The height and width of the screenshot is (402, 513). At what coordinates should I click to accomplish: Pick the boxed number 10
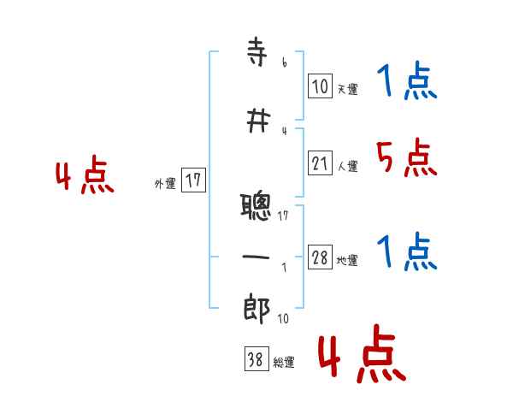pyautogui.click(x=320, y=86)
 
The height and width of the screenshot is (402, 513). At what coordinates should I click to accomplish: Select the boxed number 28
pyautogui.click(x=320, y=258)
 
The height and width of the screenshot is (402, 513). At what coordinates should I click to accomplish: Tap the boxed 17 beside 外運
pyautogui.click(x=193, y=180)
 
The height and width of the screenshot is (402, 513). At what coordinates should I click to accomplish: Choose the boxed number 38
pyautogui.click(x=254, y=360)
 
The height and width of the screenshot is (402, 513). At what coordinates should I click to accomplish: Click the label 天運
pyautogui.click(x=347, y=88)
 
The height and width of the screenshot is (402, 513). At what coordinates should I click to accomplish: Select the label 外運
pyautogui.click(x=165, y=182)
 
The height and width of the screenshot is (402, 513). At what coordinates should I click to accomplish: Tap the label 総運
pyautogui.click(x=283, y=363)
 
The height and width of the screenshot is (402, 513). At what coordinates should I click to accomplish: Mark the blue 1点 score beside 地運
pyautogui.click(x=406, y=252)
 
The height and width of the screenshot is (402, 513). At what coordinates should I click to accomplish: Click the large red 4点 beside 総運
pyautogui.click(x=361, y=358)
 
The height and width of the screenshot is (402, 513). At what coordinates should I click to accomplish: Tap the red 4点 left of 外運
pyautogui.click(x=85, y=178)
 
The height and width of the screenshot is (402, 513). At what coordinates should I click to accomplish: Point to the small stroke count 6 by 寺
pyautogui.click(x=284, y=62)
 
